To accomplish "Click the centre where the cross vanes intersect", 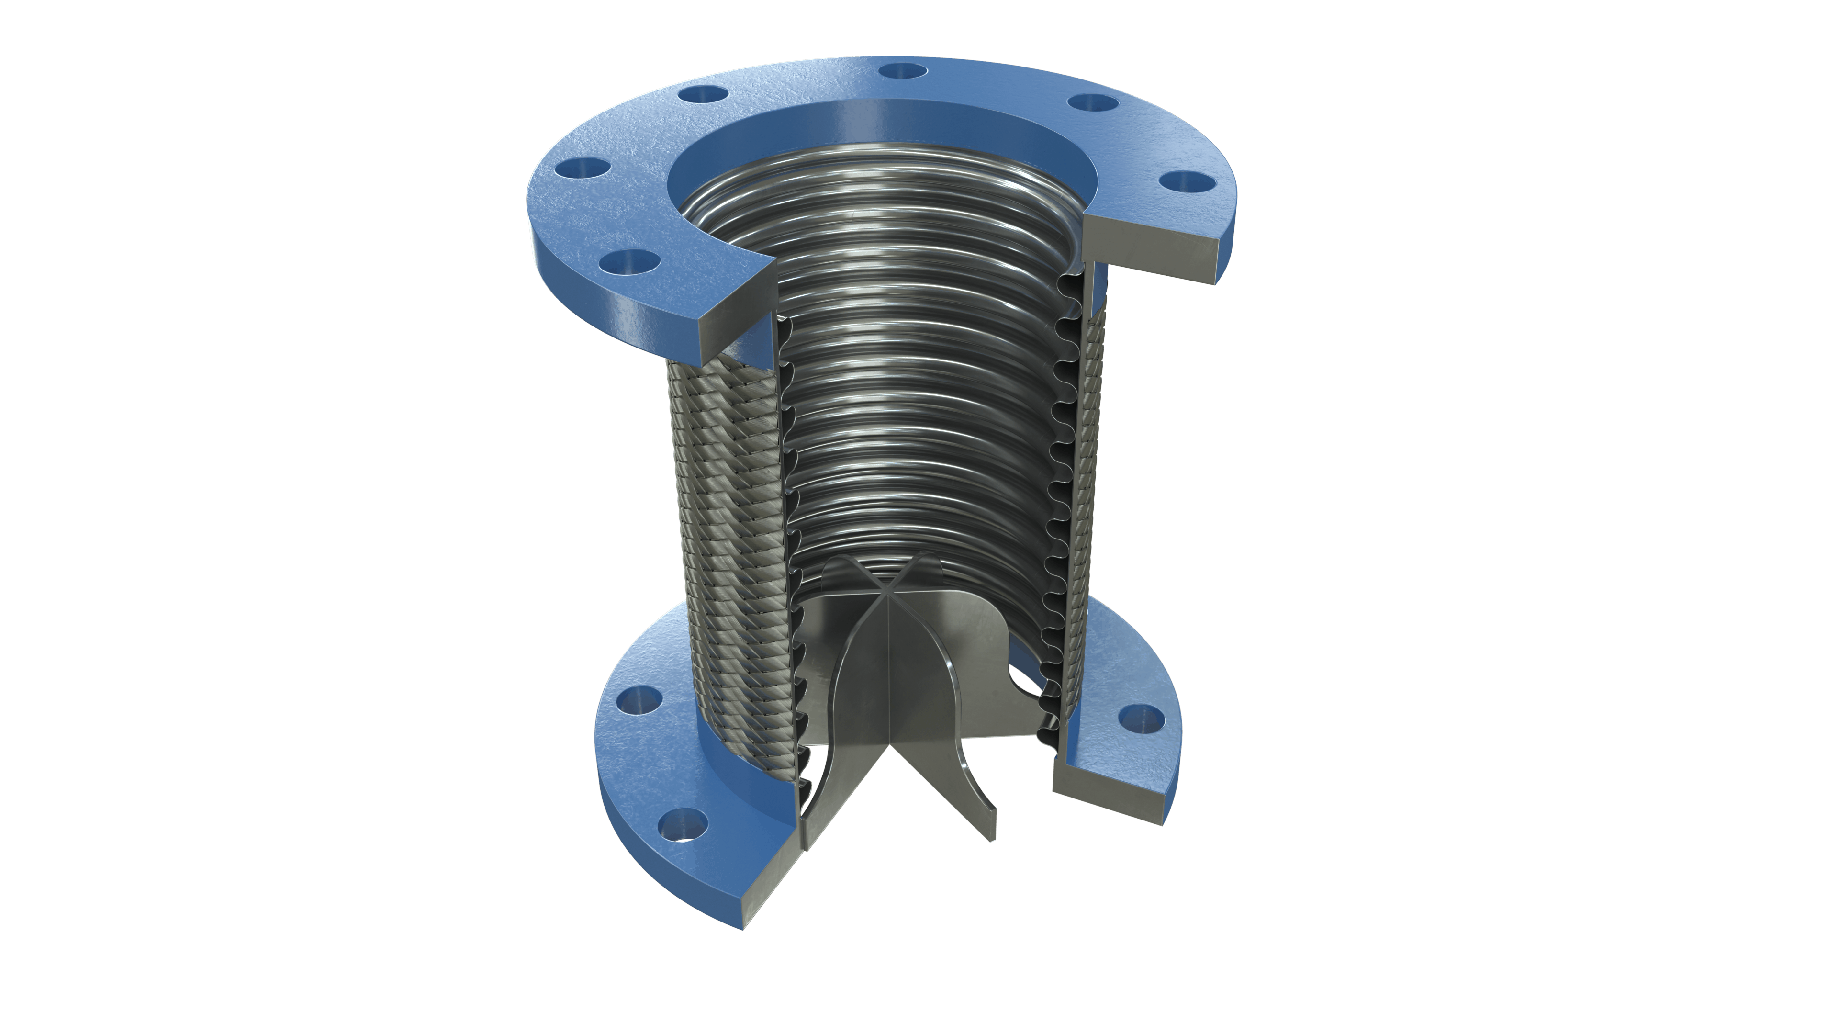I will tap(887, 592).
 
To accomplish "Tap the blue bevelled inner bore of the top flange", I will tap(885, 121).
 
